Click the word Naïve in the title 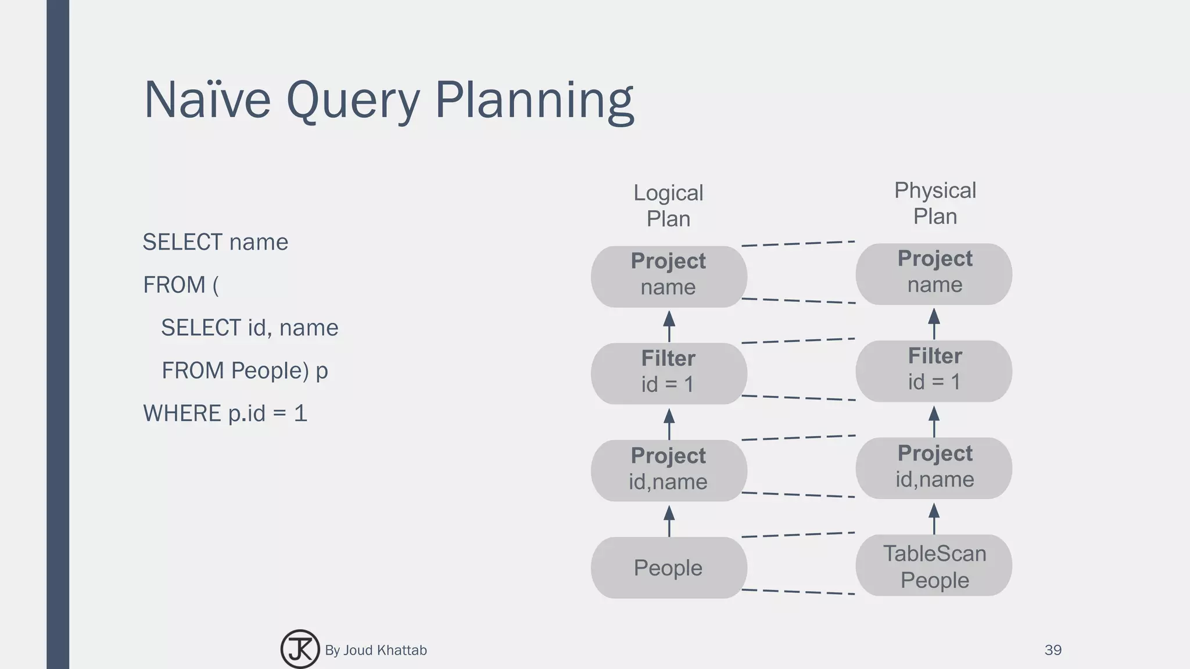pos(207,100)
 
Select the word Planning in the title pos(534,100)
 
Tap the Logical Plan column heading pos(668,206)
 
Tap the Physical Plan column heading pos(934,203)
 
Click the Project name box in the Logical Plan pos(668,276)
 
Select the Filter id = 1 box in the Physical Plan pos(934,371)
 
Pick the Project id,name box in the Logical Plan pos(668,470)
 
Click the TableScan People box pos(934,566)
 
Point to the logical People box pos(668,567)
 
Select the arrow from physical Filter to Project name pos(934,323)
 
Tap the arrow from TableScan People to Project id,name pos(934,518)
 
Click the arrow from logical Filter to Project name pos(669,326)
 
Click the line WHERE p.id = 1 pos(225,413)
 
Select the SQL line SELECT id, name pos(249,328)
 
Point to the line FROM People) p pos(245,371)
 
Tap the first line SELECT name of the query pos(215,242)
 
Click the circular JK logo pos(300,649)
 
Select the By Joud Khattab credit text pos(375,650)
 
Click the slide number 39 pos(1052,650)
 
